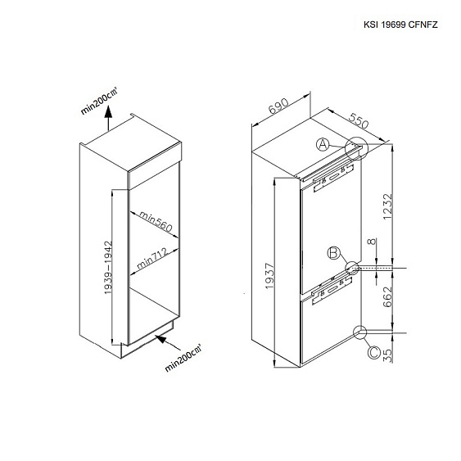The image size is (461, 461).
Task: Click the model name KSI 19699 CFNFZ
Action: [400, 25]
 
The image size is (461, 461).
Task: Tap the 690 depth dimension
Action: [278, 106]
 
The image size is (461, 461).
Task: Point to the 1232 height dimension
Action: [387, 206]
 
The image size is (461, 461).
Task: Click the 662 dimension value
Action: [387, 296]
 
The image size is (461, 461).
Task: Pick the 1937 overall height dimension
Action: [269, 276]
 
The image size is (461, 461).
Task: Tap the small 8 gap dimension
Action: [373, 242]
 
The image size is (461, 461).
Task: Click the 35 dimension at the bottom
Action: [388, 355]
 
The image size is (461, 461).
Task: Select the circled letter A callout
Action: [323, 145]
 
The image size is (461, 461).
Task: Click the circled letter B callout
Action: [334, 253]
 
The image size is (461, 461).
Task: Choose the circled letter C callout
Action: [374, 352]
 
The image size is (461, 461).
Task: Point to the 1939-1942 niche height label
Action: [108, 267]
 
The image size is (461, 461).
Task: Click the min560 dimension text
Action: [156, 221]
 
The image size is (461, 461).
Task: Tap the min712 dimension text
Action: [152, 259]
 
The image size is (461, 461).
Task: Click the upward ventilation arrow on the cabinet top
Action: [108, 118]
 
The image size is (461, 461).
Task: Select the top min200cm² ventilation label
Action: [99, 100]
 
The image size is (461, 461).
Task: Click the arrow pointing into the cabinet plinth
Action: [168, 343]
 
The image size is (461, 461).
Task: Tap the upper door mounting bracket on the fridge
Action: [333, 178]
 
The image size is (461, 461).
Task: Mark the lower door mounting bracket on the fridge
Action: [332, 291]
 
